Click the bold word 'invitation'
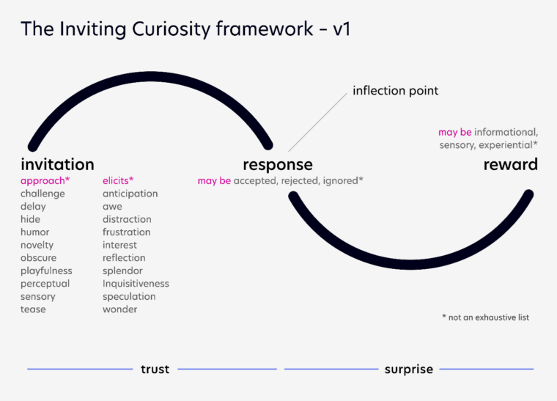[57, 164]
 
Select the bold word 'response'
[278, 165]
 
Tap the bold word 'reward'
[510, 164]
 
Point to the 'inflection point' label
[395, 91]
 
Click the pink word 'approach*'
[45, 180]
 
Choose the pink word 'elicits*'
[118, 180]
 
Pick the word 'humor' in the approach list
[35, 232]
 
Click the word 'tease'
[33, 309]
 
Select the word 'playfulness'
[46, 271]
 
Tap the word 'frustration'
[126, 232]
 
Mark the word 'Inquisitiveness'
[136, 284]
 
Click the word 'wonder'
[119, 309]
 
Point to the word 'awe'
[112, 206]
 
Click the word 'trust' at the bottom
[155, 369]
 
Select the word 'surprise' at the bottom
[408, 369]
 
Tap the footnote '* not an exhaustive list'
[485, 317]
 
